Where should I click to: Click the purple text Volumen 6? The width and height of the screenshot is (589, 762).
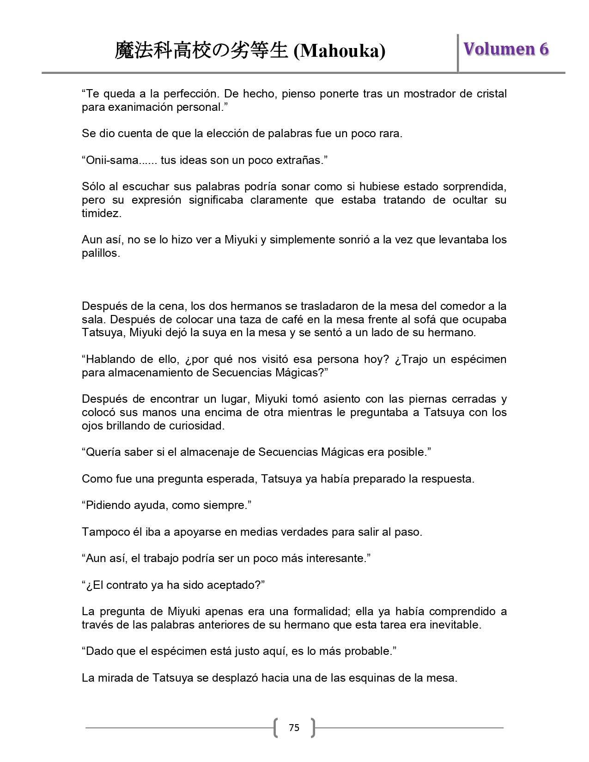point(506,49)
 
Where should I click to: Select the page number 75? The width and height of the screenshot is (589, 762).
point(294,728)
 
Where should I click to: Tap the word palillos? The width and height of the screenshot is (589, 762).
point(100,253)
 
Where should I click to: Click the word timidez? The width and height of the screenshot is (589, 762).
point(101,213)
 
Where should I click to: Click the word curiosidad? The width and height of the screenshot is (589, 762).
point(194,426)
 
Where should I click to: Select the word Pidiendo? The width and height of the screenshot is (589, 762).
point(106,505)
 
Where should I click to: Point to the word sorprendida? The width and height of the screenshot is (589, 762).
point(474,187)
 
